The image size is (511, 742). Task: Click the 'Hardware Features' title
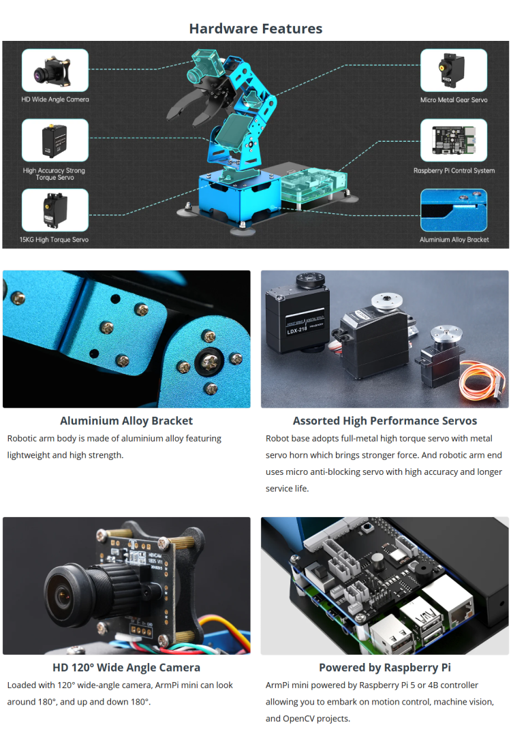(x=255, y=29)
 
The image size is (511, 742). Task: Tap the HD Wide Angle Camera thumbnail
(x=55, y=71)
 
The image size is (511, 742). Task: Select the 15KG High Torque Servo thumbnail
(x=55, y=211)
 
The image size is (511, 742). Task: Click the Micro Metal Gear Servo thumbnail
(x=454, y=70)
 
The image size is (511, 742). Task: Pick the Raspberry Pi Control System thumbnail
(x=454, y=141)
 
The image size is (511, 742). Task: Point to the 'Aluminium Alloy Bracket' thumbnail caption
(x=454, y=240)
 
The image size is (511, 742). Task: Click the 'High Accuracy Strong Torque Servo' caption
(x=54, y=174)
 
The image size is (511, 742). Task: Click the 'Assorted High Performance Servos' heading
(x=385, y=421)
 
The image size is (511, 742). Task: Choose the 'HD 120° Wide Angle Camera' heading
(x=126, y=668)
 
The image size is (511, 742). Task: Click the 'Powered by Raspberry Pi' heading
(x=385, y=668)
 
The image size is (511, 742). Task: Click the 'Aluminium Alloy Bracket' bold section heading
(x=126, y=421)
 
